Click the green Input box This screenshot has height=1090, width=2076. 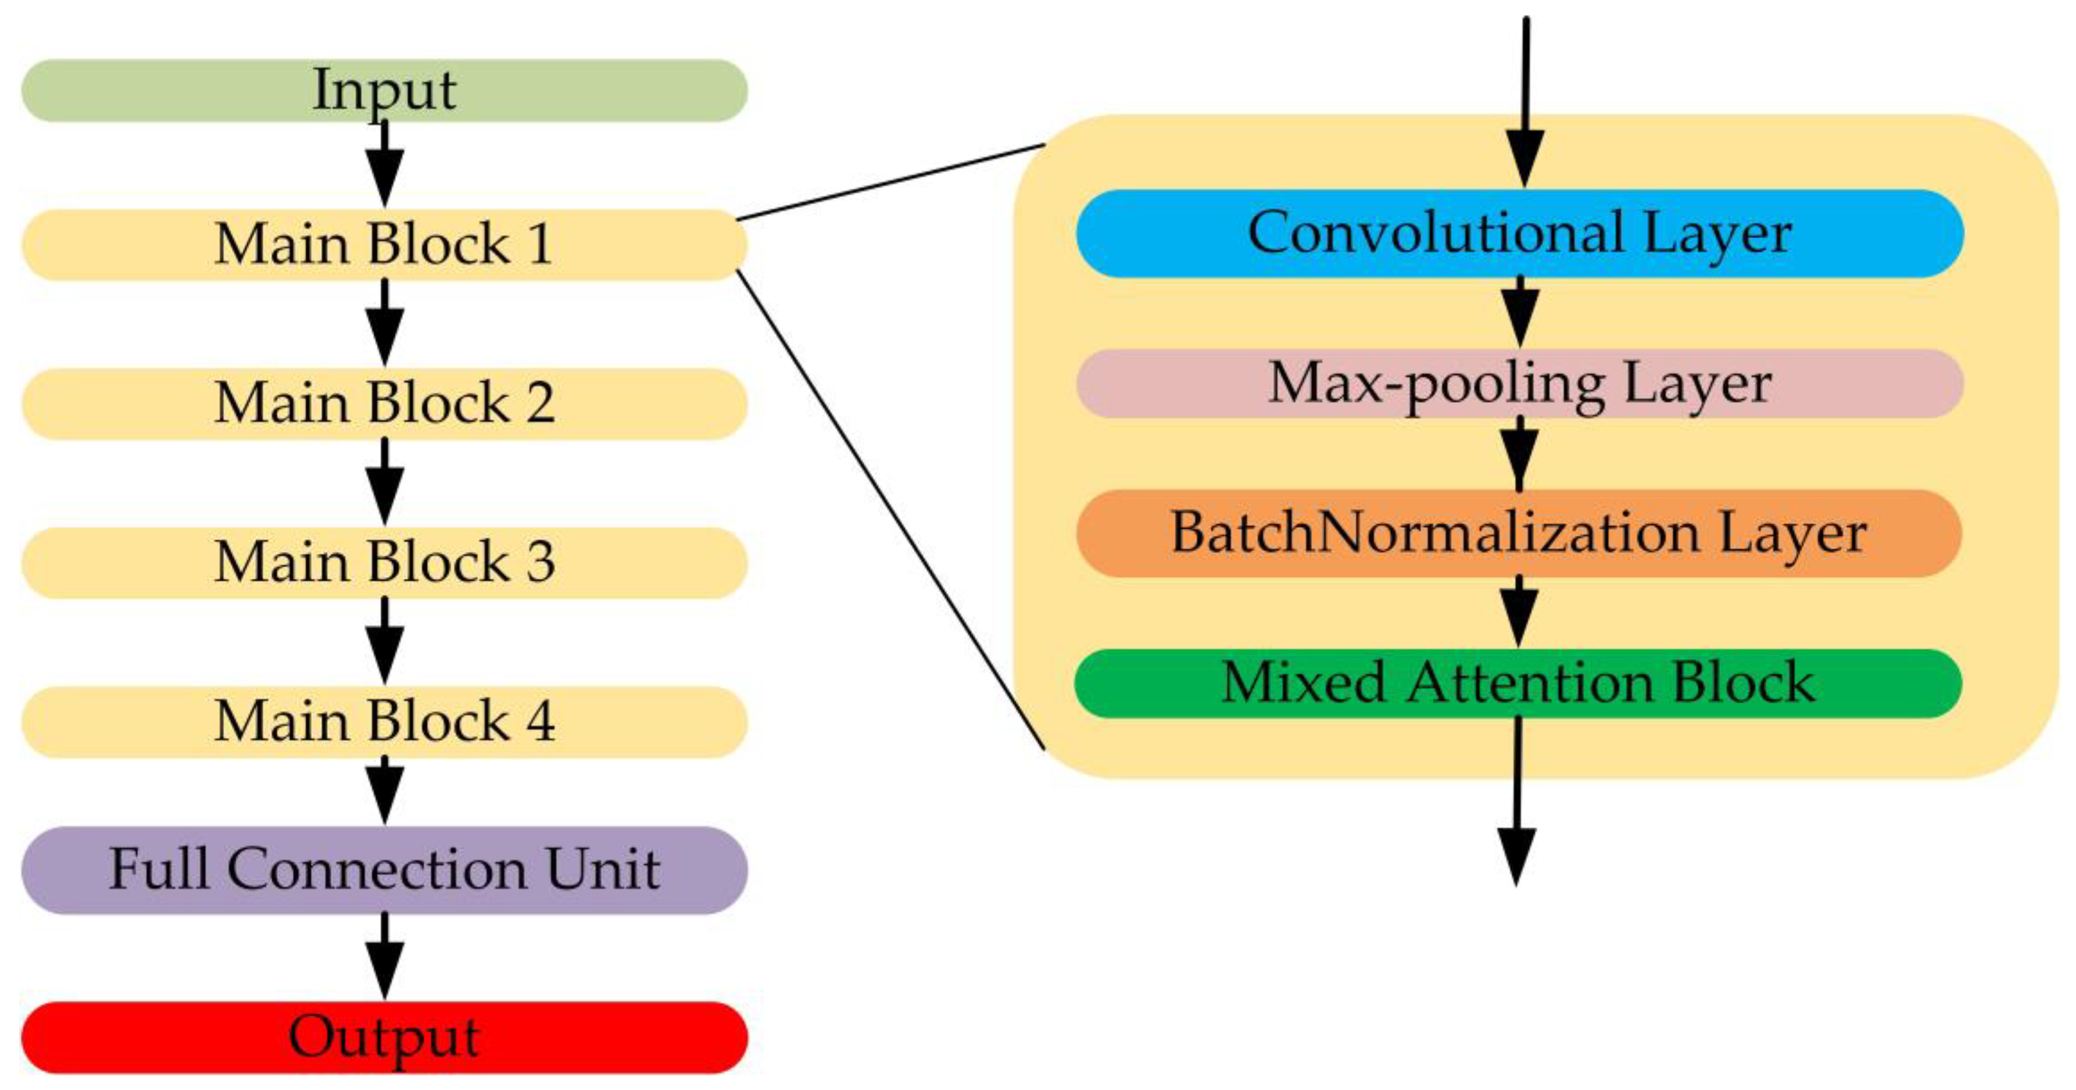pyautogui.click(x=384, y=90)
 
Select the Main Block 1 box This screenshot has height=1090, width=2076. pyautogui.click(x=384, y=244)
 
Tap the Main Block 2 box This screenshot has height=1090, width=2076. pyautogui.click(x=384, y=403)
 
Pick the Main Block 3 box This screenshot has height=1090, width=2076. pyautogui.click(x=384, y=561)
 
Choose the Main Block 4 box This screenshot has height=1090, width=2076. pyautogui.click(x=384, y=721)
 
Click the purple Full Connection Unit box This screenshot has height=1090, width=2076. pyautogui.click(x=384, y=869)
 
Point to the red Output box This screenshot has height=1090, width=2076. pyautogui.click(x=384, y=1037)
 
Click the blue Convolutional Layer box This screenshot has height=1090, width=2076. pyautogui.click(x=1519, y=234)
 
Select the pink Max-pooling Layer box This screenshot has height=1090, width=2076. pyautogui.click(x=1519, y=383)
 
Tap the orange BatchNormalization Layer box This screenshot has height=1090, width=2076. pyautogui.click(x=1519, y=533)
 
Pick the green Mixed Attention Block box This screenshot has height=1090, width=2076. pyautogui.click(x=1519, y=683)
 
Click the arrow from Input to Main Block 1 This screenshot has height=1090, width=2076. pyautogui.click(x=384, y=165)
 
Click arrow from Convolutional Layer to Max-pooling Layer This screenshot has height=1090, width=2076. pyautogui.click(x=1519, y=313)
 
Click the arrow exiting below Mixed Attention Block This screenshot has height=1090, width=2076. pyautogui.click(x=1517, y=806)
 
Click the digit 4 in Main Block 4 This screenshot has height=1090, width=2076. pyautogui.click(x=540, y=721)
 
